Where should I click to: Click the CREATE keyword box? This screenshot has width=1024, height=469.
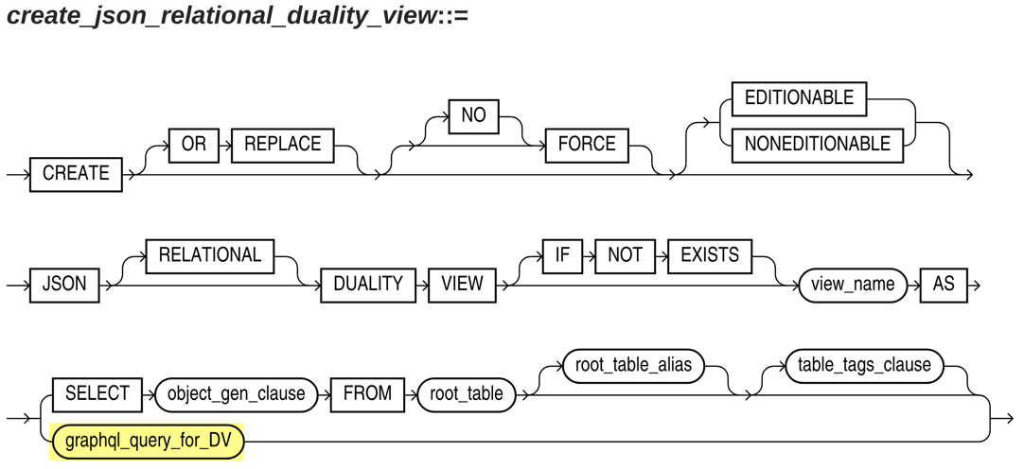tap(76, 174)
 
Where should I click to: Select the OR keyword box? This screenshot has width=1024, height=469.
tap(193, 144)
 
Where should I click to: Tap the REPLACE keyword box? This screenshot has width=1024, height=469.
tap(283, 144)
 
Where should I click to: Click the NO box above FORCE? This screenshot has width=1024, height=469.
tap(473, 116)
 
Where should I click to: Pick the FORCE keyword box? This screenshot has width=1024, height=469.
tap(587, 144)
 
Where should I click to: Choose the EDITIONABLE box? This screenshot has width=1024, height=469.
tap(800, 98)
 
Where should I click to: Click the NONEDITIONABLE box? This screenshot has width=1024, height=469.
tap(818, 144)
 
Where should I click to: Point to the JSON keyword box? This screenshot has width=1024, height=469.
tap(64, 286)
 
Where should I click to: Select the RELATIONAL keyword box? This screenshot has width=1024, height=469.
tap(210, 255)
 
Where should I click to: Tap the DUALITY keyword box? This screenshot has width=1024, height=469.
tap(367, 286)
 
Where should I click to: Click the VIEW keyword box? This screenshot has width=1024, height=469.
tap(462, 286)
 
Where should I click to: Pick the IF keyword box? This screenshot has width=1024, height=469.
tap(563, 255)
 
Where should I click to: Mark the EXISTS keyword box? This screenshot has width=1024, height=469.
tap(709, 255)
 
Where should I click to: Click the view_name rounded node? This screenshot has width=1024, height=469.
tap(853, 286)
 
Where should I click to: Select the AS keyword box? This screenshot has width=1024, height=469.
tap(944, 286)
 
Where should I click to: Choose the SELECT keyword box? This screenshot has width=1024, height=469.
tap(97, 395)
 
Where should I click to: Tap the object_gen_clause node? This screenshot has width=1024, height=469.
tap(236, 395)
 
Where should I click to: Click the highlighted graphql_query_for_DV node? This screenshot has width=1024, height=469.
tap(148, 442)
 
